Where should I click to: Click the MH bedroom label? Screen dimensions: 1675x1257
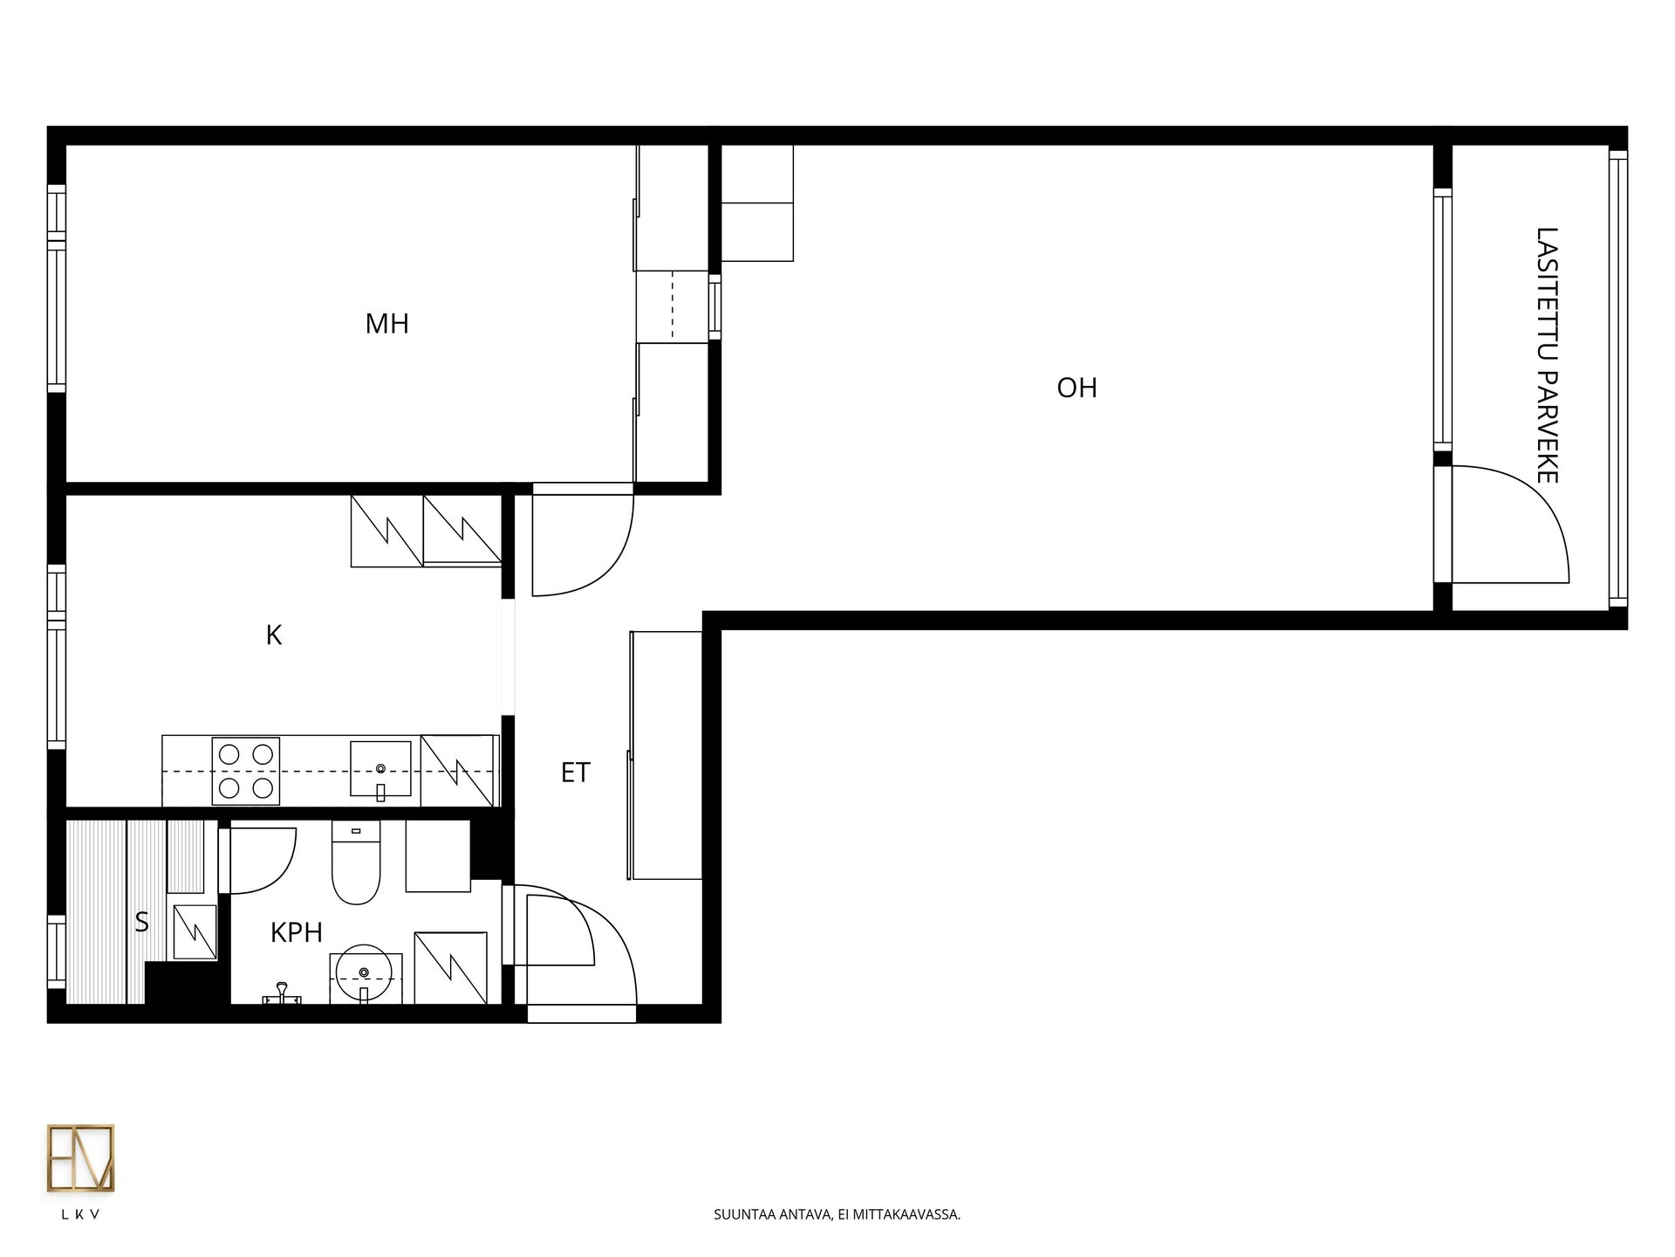(x=386, y=324)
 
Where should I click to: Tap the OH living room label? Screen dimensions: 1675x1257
(x=1077, y=388)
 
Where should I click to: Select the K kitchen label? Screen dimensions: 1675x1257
(x=274, y=635)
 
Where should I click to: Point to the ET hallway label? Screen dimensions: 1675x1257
(x=575, y=773)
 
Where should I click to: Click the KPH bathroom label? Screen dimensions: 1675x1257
(x=297, y=932)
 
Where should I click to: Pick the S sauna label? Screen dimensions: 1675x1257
(x=141, y=922)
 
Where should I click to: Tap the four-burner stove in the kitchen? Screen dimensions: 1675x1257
(x=246, y=771)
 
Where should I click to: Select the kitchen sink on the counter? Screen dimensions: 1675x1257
(x=380, y=769)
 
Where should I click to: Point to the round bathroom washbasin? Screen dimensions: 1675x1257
(x=364, y=972)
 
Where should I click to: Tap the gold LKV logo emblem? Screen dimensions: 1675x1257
(x=80, y=1158)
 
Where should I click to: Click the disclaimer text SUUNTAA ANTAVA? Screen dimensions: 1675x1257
(x=772, y=1214)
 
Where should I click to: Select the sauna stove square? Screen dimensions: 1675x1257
(x=195, y=932)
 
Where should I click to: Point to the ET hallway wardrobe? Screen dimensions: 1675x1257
(x=666, y=755)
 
